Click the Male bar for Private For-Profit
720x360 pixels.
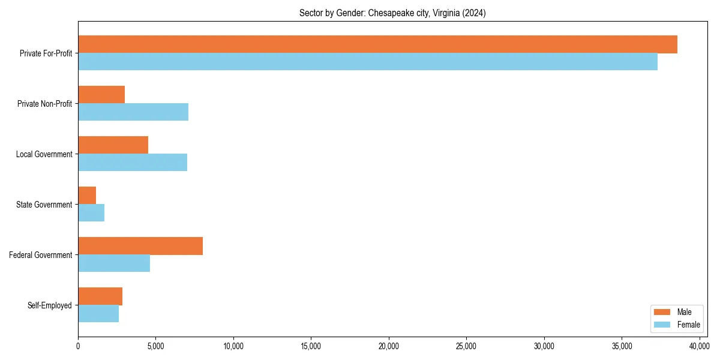377,44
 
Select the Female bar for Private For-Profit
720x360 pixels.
368,62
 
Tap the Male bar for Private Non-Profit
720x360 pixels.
101,95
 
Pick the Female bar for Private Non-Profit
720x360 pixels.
133,112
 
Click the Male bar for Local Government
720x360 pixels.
113,145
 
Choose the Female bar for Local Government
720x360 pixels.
133,163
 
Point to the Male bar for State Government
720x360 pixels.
87,196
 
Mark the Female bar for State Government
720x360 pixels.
91,213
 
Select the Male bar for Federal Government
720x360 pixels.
140,246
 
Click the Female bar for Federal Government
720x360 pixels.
114,263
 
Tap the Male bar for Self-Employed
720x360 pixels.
100,296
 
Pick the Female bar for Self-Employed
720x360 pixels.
98,314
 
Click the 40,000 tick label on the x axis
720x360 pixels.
700,346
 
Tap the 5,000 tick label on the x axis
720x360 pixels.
155,346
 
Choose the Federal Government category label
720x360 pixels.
41,255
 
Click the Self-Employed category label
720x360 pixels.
50,305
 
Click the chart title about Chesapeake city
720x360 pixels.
392,13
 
